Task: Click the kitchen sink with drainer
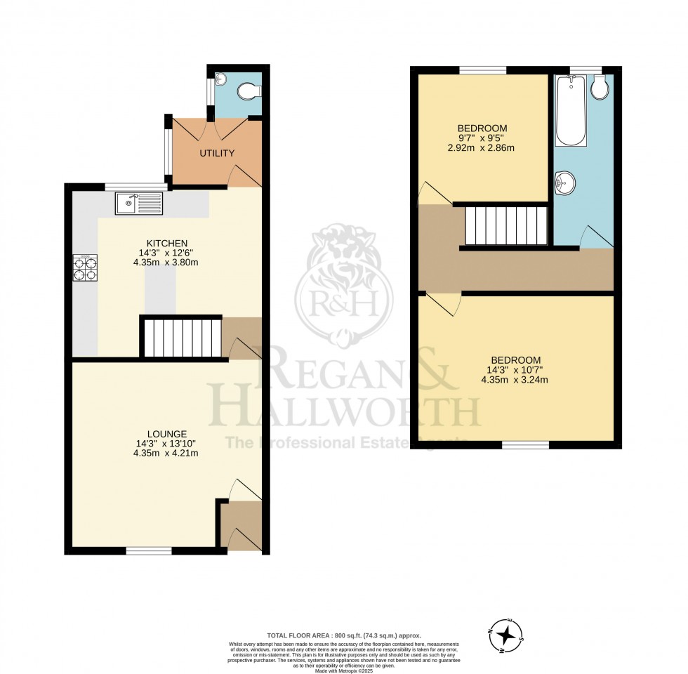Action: tap(140, 204)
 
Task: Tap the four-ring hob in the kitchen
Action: tap(84, 267)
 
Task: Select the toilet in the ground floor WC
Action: tap(249, 91)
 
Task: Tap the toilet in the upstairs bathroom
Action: tap(600, 87)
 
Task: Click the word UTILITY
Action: tap(216, 153)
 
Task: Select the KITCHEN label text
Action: tap(162, 242)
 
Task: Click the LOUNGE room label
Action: tap(167, 433)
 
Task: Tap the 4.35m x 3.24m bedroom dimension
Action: tap(514, 380)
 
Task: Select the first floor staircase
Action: tap(506, 225)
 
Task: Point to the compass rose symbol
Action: tap(505, 636)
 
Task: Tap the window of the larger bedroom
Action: tap(525, 444)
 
